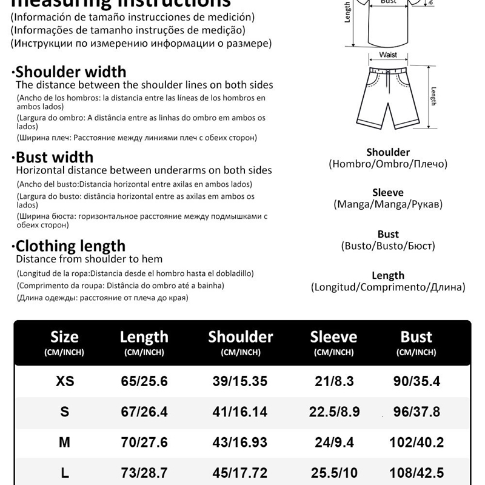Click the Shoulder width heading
click(71, 72)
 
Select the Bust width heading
click(55, 157)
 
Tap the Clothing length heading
click(70, 246)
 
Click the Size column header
click(64, 337)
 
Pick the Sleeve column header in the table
click(333, 337)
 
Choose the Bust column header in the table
click(416, 337)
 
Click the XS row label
click(65, 381)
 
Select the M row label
click(64, 443)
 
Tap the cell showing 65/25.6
click(144, 381)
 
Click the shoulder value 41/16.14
click(241, 412)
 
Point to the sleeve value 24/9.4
click(334, 443)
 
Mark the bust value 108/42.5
click(416, 473)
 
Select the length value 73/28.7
click(144, 473)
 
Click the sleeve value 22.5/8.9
click(334, 412)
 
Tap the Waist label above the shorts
click(388, 55)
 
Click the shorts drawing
click(388, 94)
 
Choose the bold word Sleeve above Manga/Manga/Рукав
click(388, 193)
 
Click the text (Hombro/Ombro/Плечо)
click(388, 164)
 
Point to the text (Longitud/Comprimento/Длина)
click(388, 287)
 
